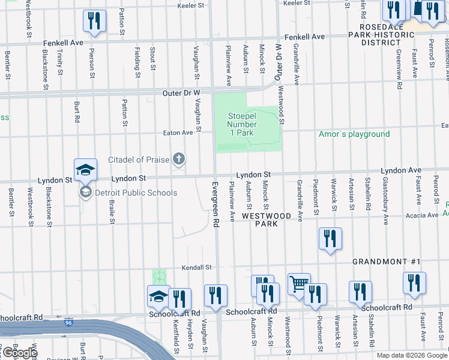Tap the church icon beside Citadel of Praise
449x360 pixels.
[x=178, y=159]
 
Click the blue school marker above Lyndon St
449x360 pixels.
[x=85, y=169]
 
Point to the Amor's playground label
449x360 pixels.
[x=354, y=134]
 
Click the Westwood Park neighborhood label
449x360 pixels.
[x=267, y=220]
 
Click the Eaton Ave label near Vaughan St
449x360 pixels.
[x=178, y=133]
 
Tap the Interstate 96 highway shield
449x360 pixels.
[x=67, y=323]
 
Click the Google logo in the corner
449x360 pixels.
[x=19, y=353]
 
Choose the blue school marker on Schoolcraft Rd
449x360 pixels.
[x=158, y=295]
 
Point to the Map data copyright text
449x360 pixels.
[x=411, y=355]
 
